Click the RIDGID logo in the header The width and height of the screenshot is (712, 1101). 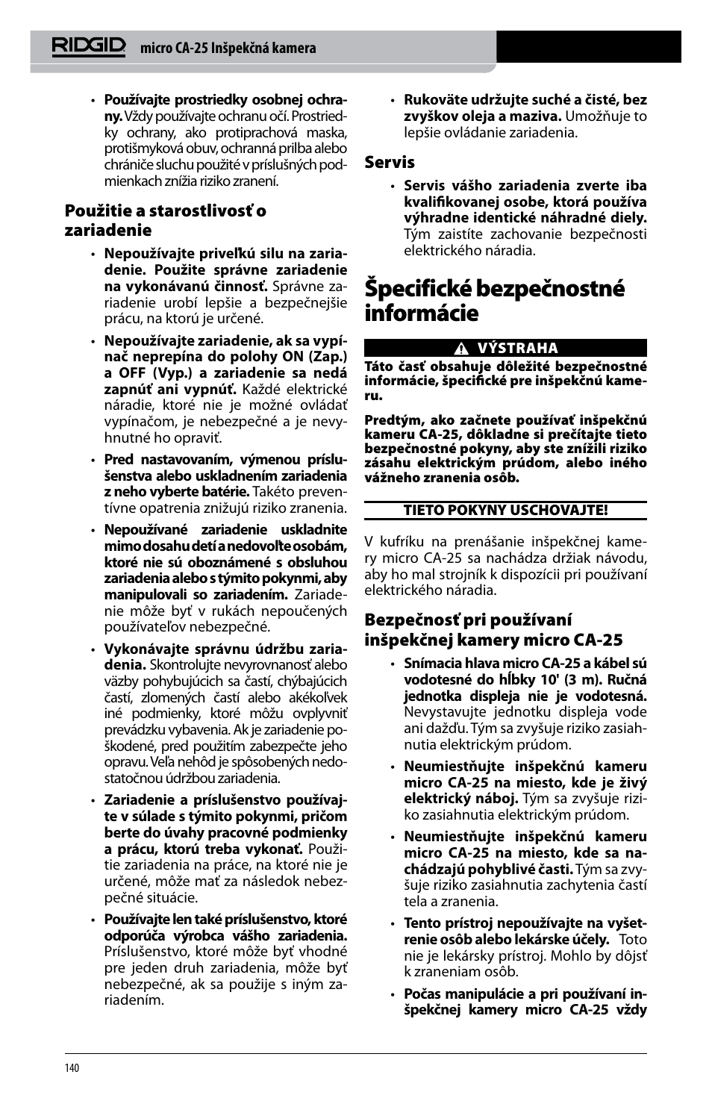89,46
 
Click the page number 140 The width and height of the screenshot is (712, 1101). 72,1068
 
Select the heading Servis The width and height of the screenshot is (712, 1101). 390,162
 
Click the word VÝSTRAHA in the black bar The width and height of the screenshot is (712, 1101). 517,349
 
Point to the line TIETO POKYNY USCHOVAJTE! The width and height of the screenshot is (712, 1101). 505,511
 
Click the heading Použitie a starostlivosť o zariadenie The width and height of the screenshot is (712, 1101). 165,220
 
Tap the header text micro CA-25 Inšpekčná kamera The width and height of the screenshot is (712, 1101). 228,48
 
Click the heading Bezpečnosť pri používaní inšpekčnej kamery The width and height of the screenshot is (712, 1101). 493,630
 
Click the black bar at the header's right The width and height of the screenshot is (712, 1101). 588,46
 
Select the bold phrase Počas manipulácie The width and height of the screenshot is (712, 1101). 466,994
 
